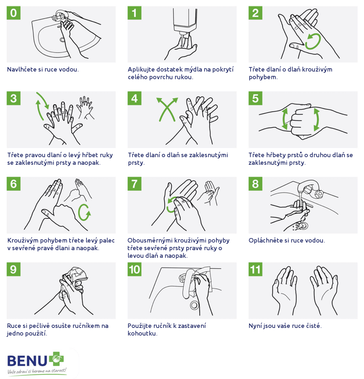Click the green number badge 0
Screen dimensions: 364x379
pos(14,13)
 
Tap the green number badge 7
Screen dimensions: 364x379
pos(134,184)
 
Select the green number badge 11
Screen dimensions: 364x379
pos(256,269)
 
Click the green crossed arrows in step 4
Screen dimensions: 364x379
pos(167,109)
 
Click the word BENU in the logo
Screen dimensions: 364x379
pos(27,361)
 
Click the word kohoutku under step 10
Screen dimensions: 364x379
pos(142,333)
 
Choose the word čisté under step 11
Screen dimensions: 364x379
pos(314,326)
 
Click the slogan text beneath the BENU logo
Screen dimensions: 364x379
pos(37,371)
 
